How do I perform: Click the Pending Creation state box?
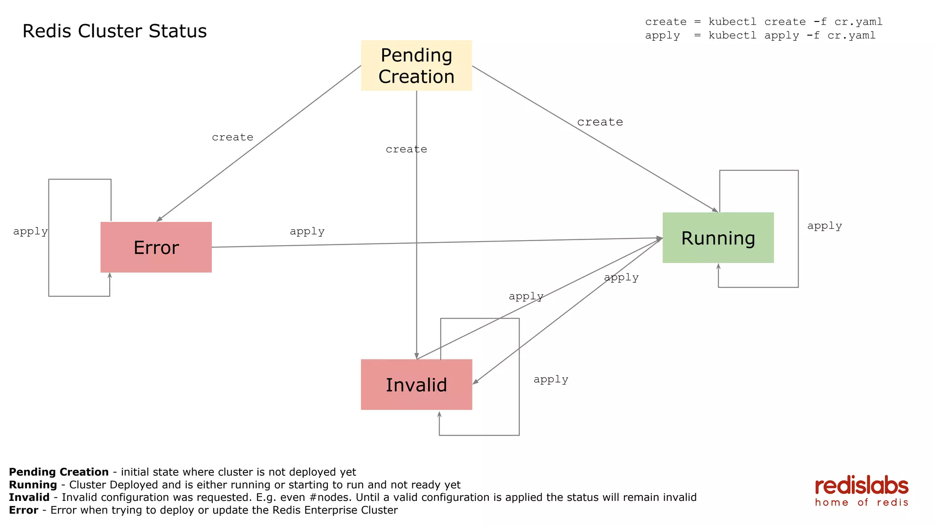pos(416,65)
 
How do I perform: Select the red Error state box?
pos(156,247)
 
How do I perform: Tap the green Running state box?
pos(718,237)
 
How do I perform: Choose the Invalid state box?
pos(416,384)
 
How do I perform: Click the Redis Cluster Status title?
pos(115,31)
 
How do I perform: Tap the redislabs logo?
pos(861,491)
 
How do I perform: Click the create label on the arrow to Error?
pos(232,137)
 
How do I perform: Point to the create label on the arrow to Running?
pos(600,122)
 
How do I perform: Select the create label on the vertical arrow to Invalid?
pos(406,149)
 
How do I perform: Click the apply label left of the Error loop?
pos(30,231)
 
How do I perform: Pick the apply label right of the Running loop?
pos(824,226)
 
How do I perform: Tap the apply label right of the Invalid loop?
pos(551,379)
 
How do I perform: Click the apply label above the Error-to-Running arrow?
pos(307,231)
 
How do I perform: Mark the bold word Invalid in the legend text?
pos(29,497)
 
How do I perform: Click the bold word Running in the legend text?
pos(33,484)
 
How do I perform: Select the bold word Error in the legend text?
pos(23,510)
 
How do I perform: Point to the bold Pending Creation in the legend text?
pos(59,472)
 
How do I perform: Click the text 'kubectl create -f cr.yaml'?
pos(795,22)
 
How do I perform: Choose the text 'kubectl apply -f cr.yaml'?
pos(792,36)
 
